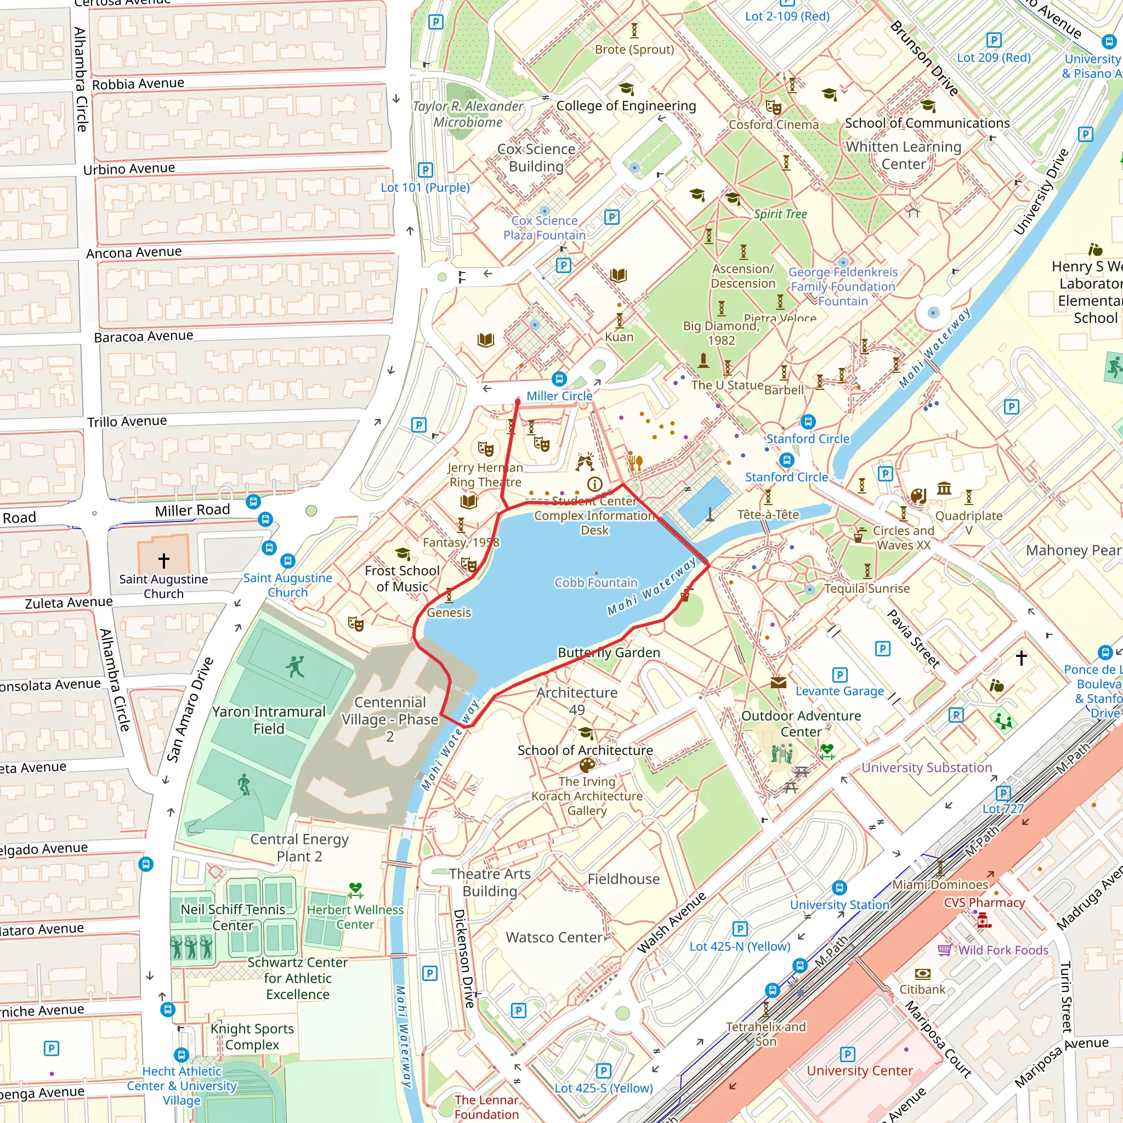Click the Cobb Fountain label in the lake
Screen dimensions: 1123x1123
click(596, 582)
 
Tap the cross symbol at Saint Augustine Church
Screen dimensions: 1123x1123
click(164, 560)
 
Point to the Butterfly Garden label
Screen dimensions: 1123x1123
click(609, 652)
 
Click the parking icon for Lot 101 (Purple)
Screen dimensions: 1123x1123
click(426, 171)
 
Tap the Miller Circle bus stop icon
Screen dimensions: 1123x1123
click(559, 379)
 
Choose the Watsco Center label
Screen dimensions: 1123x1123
click(554, 937)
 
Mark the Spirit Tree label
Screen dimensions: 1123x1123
click(780, 214)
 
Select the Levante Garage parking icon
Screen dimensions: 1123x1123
click(840, 675)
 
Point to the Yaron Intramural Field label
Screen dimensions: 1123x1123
click(269, 719)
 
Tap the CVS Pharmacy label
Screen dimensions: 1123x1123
click(984, 902)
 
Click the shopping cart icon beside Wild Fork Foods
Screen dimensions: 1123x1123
click(945, 950)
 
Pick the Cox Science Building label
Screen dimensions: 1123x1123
click(536, 157)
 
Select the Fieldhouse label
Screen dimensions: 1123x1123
click(623, 879)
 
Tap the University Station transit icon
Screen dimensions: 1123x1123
click(839, 888)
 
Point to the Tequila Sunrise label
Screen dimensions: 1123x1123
click(867, 588)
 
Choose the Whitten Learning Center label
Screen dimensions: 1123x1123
click(903, 155)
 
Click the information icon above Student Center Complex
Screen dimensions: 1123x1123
click(594, 484)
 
